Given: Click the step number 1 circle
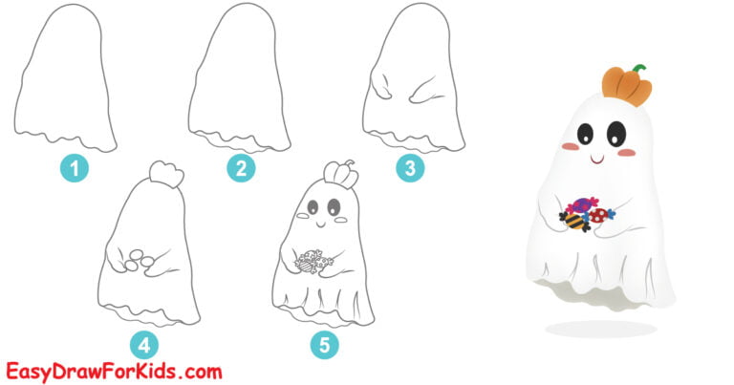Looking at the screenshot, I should [75, 170].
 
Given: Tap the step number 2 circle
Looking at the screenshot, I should [240, 170].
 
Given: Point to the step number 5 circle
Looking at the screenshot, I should [325, 344].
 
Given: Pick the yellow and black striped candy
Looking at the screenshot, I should [574, 221].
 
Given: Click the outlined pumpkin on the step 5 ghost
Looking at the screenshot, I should [332, 173].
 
